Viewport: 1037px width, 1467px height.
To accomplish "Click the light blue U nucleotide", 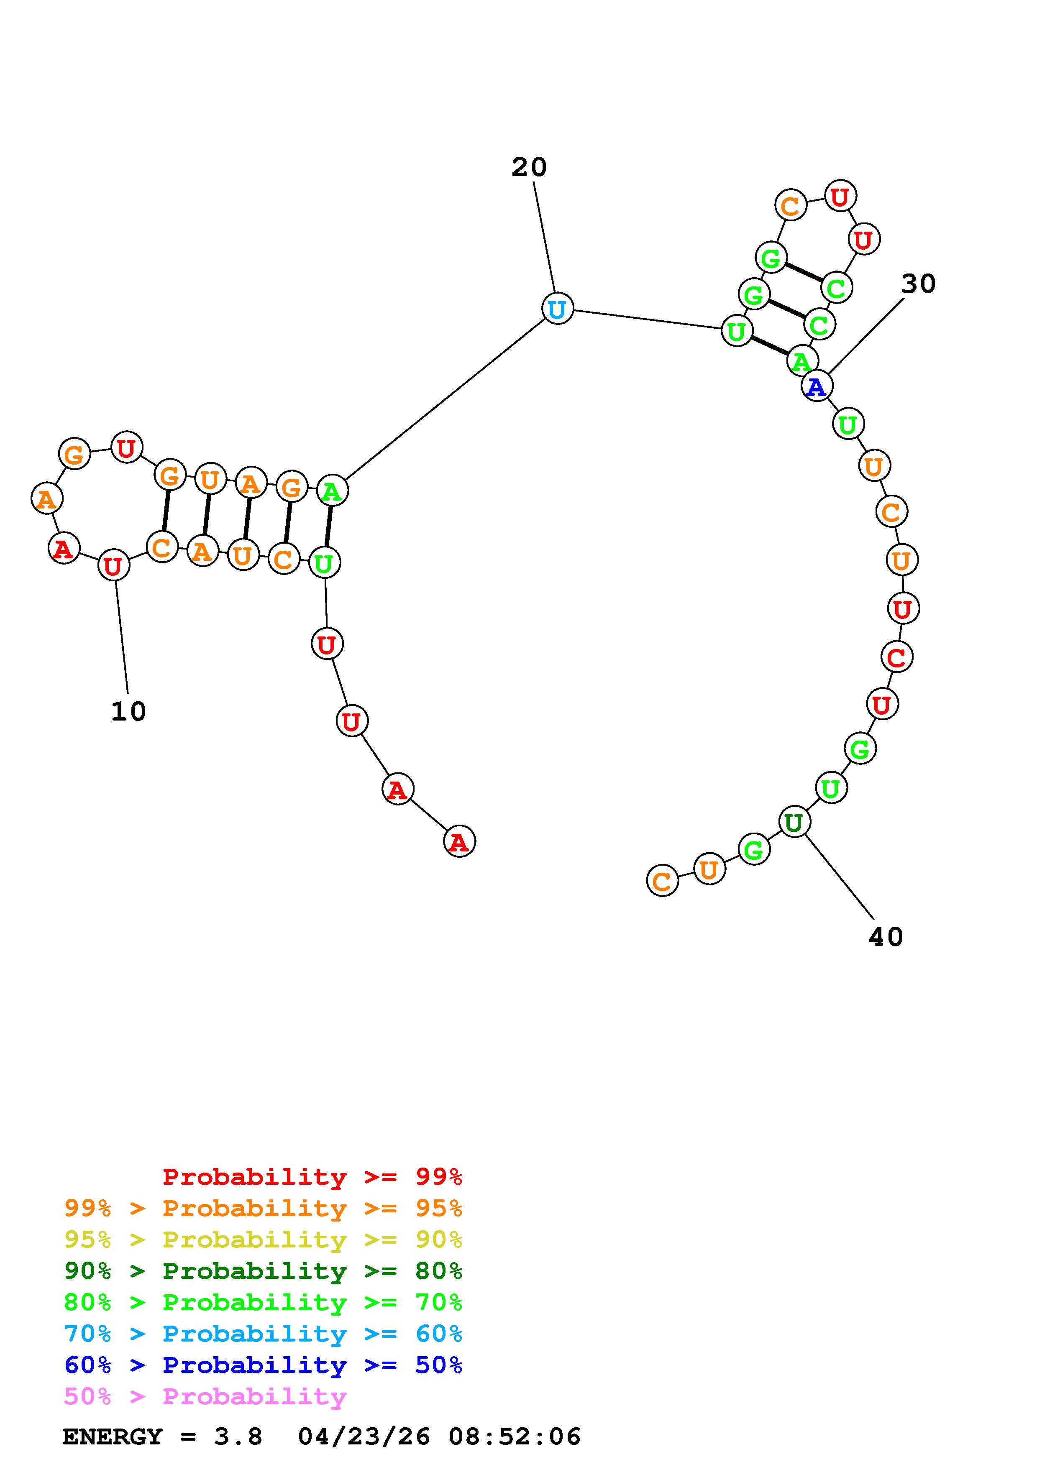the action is [557, 309].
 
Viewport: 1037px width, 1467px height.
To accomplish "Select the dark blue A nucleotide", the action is [817, 386].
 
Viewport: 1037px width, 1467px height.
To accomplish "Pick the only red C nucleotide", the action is [896, 657].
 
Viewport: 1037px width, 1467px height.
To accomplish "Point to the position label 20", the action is [529, 167].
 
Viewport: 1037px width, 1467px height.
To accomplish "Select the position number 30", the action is [918, 284].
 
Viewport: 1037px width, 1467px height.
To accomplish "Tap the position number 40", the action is [886, 937].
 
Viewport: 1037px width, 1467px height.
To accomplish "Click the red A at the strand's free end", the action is [459, 842].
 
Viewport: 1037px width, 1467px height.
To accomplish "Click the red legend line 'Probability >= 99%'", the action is [312, 1177].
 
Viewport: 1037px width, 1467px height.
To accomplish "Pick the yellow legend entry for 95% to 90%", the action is [263, 1240].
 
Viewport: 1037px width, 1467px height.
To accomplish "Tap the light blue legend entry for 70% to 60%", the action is [263, 1334].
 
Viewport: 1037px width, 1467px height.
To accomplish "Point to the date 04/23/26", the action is [364, 1437].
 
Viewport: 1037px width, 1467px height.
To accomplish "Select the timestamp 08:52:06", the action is [515, 1437].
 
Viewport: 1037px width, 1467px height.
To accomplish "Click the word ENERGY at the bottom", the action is [113, 1437].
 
